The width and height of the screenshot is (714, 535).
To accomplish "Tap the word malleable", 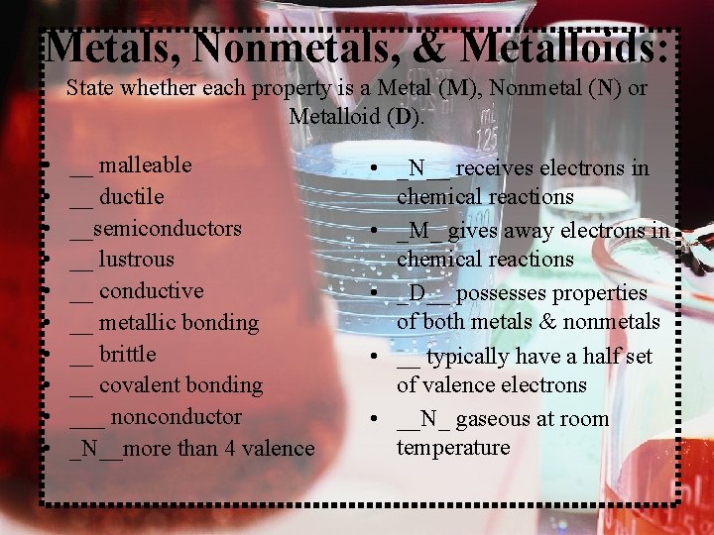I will [x=146, y=164].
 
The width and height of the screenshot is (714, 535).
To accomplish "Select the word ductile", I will [x=131, y=196].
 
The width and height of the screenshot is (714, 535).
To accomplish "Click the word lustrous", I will [x=136, y=260].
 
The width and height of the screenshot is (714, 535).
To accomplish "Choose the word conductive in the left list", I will [x=151, y=291].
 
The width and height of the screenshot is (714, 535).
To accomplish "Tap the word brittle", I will [x=127, y=354].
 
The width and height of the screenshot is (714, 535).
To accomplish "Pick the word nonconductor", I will [x=176, y=417].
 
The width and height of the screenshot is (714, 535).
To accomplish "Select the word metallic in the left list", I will [x=137, y=323].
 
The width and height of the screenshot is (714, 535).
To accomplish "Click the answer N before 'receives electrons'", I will [x=416, y=168].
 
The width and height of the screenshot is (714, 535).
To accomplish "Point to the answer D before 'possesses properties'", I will [x=416, y=293].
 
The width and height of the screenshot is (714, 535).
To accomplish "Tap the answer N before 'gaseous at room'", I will [x=428, y=419].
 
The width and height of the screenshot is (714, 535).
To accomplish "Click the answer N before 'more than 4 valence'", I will [x=89, y=449].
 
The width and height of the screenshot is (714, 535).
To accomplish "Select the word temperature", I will [x=453, y=448].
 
